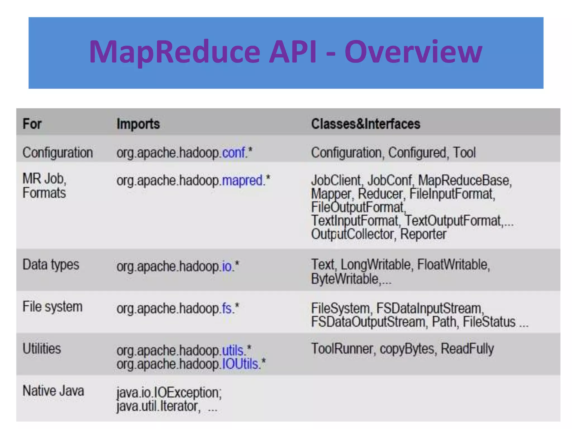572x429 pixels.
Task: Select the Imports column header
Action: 138,124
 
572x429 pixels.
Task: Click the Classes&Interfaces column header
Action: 365,124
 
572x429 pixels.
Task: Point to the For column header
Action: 32,124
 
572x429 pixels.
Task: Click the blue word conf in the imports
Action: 233,153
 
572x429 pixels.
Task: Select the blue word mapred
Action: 242,180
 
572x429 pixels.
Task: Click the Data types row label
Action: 51,265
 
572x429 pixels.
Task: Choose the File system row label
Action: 53,307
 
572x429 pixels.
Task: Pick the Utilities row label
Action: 42,349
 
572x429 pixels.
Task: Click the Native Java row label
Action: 53,391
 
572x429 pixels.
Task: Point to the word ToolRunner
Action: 342,349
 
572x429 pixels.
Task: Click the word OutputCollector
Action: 353,234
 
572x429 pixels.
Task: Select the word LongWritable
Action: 376,264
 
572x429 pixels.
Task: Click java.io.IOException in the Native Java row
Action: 169,393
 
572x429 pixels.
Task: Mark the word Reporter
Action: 423,234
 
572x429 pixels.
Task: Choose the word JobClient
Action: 336,180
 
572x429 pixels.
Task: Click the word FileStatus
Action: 489,322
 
